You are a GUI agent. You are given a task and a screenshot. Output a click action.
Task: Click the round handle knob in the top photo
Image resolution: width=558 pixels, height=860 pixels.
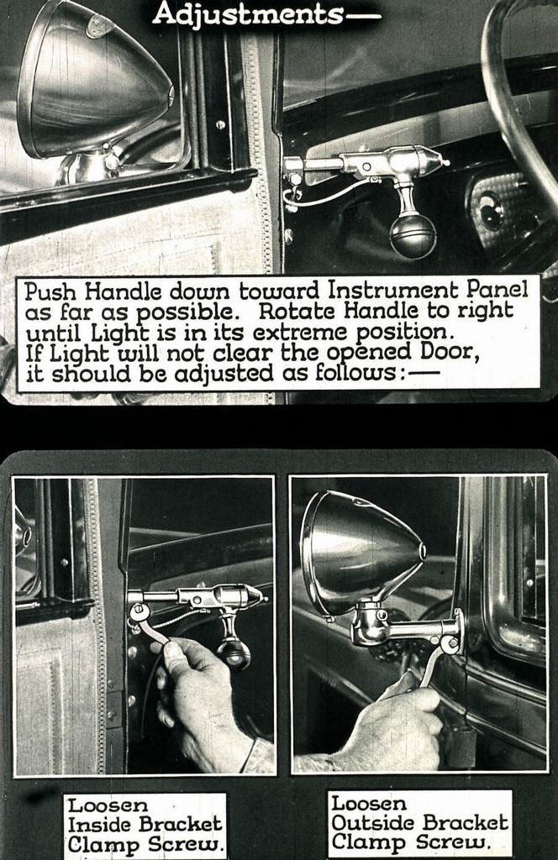click(x=413, y=235)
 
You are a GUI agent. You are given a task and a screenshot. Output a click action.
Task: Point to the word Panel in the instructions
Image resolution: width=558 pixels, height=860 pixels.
click(x=497, y=291)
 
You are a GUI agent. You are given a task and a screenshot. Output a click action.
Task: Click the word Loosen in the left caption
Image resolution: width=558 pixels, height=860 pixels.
click(x=96, y=805)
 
